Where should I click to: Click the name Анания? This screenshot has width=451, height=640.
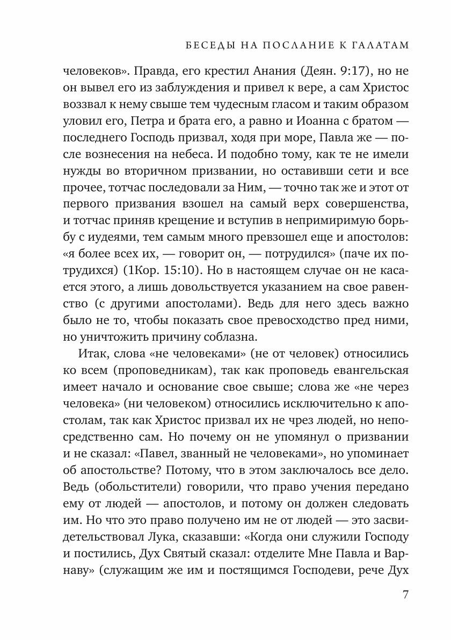pyautogui.click(x=265, y=71)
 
